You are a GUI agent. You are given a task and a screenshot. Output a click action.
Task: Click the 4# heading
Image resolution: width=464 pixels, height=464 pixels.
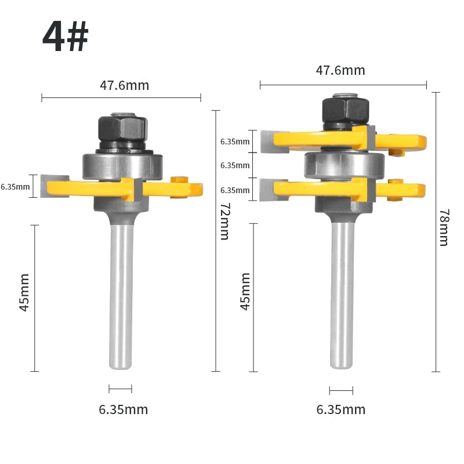click(x=66, y=37)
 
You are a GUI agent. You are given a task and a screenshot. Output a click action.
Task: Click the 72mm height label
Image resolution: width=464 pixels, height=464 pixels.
click(x=225, y=221)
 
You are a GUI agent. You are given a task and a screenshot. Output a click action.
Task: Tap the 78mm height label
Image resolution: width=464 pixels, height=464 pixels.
click(x=444, y=227)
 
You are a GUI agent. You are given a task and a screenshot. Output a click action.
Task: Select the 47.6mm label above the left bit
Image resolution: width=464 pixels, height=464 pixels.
click(x=124, y=85)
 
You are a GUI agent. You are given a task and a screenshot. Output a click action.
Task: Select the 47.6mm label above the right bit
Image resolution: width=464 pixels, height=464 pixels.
click(x=340, y=70)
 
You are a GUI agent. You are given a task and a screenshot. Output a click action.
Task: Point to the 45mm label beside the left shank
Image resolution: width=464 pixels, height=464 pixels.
click(x=24, y=292)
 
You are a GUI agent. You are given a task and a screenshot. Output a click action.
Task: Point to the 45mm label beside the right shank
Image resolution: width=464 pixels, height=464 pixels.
click(x=245, y=292)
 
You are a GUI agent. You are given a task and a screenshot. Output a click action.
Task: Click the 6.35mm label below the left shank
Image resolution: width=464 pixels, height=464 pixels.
click(x=124, y=409)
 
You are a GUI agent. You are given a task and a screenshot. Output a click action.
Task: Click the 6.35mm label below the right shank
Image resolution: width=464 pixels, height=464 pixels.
click(x=341, y=409)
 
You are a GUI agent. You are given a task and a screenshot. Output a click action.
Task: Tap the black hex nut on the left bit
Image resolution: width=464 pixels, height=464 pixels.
click(x=122, y=129)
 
